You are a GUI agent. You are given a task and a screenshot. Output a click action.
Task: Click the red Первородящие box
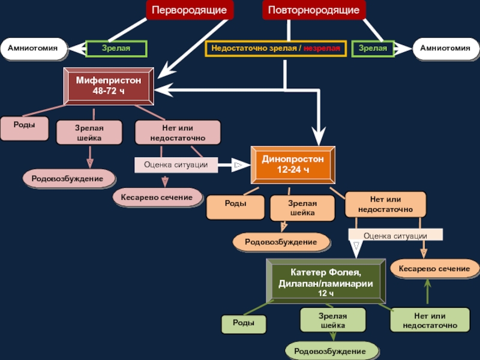tap(190, 10)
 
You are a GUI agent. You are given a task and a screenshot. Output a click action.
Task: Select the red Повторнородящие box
tap(314, 10)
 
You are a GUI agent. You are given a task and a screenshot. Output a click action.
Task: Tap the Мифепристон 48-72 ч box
tap(109, 86)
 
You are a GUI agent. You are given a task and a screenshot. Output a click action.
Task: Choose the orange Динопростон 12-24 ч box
tap(293, 164)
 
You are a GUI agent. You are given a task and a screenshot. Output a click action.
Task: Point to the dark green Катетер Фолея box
tap(326, 281)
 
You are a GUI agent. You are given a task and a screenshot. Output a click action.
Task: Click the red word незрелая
tap(322, 48)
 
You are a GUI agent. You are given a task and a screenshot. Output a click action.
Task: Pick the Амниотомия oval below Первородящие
tap(34, 49)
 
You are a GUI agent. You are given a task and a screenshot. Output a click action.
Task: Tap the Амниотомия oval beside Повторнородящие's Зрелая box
tap(445, 49)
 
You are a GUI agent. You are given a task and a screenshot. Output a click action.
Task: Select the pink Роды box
tap(24, 128)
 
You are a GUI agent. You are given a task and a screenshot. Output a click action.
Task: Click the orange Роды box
tap(235, 207)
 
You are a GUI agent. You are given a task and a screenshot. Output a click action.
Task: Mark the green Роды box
tap(244, 324)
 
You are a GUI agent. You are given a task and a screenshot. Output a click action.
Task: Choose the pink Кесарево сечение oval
tap(157, 197)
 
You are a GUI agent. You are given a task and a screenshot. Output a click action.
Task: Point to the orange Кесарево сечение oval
tap(434, 268)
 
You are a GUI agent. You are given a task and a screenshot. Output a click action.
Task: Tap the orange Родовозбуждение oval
tap(281, 242)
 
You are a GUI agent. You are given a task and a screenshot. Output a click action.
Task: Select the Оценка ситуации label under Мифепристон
tap(176, 164)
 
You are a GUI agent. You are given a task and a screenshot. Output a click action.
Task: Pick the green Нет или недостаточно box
tap(430, 320)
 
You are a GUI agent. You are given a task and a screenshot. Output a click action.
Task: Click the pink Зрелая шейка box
tap(89, 133)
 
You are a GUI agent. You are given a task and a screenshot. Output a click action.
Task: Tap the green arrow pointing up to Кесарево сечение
tap(427, 292)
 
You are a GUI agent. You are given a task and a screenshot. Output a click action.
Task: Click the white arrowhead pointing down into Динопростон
tap(319, 137)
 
